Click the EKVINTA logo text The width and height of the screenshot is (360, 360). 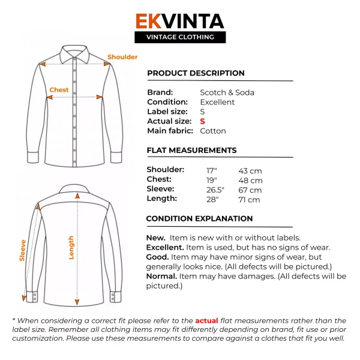tap(179, 22)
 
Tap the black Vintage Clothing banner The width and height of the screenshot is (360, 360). tap(179, 37)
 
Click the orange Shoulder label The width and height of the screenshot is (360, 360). tap(122, 57)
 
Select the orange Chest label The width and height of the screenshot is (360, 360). tap(59, 90)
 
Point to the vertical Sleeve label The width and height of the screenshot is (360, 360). tap(23, 250)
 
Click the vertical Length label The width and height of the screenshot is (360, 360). tap(71, 247)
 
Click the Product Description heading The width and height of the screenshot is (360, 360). tap(196, 73)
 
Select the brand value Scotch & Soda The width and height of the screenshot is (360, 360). tap(227, 92)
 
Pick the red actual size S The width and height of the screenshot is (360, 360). tap(202, 121)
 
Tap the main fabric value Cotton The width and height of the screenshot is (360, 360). tap(212, 131)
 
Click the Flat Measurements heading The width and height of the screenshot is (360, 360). tap(191, 150)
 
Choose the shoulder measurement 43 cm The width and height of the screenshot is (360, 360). tap(250, 171)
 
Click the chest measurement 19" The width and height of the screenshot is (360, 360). tap(212, 180)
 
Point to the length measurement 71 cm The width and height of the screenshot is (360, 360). tap(249, 200)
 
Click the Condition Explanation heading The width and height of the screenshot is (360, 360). tap(199, 218)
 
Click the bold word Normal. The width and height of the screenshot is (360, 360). tap(161, 276)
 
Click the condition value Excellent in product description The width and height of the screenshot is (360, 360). tap(217, 102)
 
